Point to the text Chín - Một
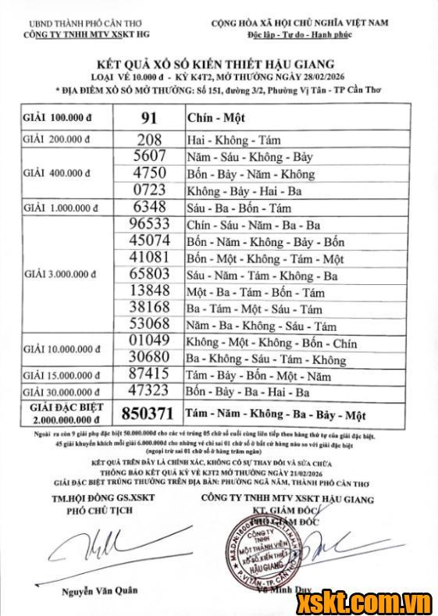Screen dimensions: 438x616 215,119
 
